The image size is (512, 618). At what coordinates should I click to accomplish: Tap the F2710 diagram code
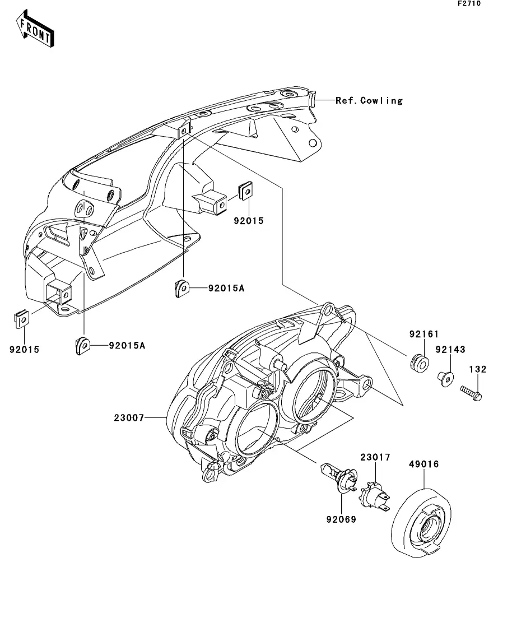(469, 3)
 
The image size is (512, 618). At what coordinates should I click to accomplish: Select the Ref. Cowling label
(369, 100)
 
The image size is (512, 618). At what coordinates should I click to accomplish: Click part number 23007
(129, 417)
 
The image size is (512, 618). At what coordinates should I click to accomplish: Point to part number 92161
(423, 334)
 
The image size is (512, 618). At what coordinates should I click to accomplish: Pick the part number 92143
(450, 350)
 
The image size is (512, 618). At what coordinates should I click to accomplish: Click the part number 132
(478, 369)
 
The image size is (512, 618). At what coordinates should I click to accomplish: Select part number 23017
(375, 457)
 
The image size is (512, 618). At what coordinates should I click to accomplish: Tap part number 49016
(423, 464)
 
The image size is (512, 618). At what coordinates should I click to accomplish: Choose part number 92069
(341, 519)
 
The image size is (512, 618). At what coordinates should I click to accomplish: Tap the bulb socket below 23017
(374, 497)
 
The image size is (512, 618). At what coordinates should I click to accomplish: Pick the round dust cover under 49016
(421, 523)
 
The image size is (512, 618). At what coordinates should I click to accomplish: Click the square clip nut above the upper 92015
(245, 191)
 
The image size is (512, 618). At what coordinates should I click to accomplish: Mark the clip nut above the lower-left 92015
(22, 319)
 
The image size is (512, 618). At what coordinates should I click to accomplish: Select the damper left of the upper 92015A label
(182, 288)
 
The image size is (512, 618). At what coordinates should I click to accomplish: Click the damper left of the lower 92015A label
(83, 346)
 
